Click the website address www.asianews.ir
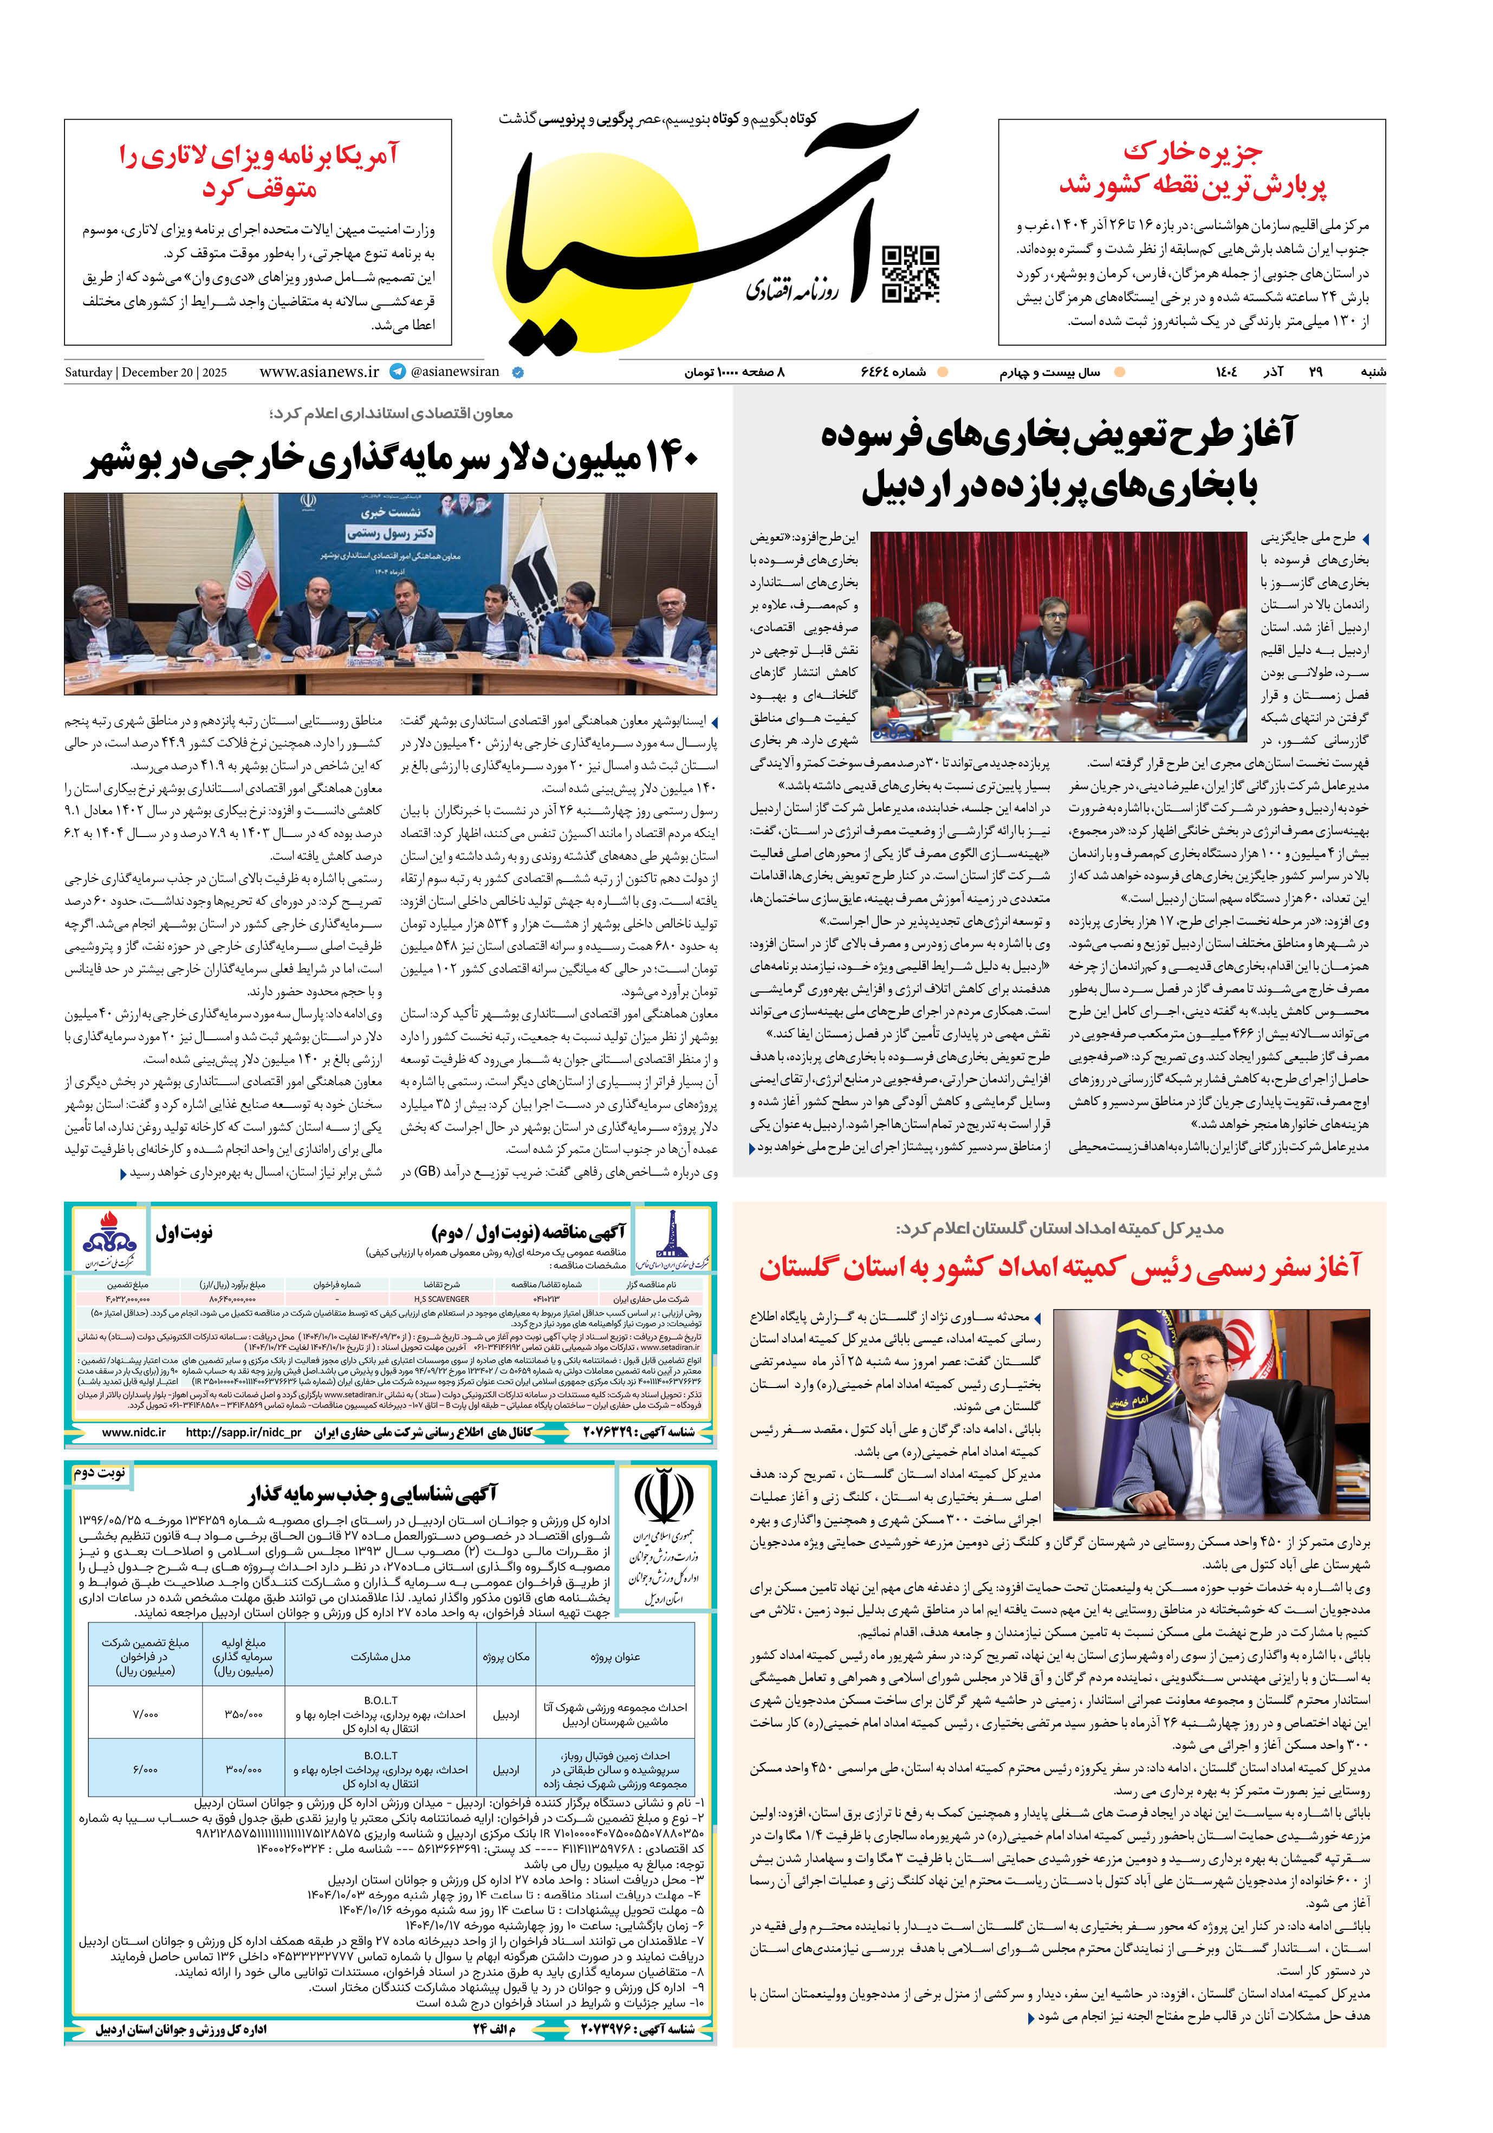(319, 372)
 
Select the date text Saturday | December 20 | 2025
(146, 373)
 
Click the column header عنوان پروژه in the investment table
(614, 1656)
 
